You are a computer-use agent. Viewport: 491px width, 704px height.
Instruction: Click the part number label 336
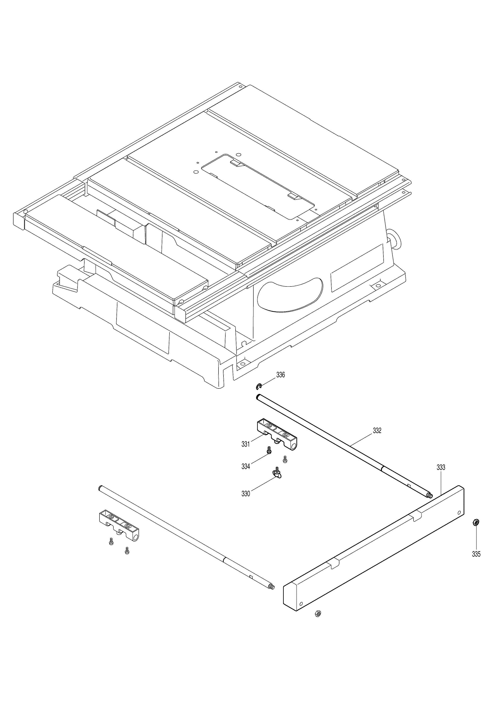pyautogui.click(x=280, y=375)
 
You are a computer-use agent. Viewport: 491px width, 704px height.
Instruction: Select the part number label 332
pyautogui.click(x=377, y=430)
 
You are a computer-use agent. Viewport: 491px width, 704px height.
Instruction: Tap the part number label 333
pyautogui.click(x=441, y=467)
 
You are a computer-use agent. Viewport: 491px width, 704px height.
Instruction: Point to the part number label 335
pyautogui.click(x=476, y=554)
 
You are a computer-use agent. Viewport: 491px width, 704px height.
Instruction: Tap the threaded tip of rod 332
pyautogui.click(x=430, y=495)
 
